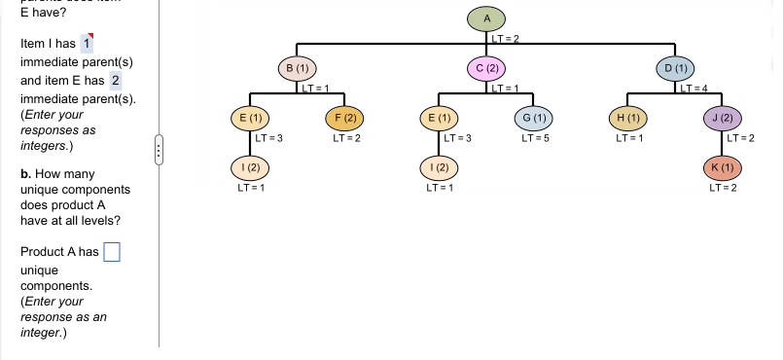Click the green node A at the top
(x=487, y=18)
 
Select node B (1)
(x=298, y=68)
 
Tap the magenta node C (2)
(x=487, y=68)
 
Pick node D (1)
(x=675, y=68)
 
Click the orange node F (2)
(x=345, y=118)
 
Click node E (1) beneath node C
(x=440, y=118)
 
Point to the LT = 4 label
(x=696, y=89)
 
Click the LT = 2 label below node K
(x=724, y=187)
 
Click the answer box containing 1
(x=87, y=43)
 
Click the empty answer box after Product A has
(x=111, y=252)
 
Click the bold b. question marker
(x=25, y=173)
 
